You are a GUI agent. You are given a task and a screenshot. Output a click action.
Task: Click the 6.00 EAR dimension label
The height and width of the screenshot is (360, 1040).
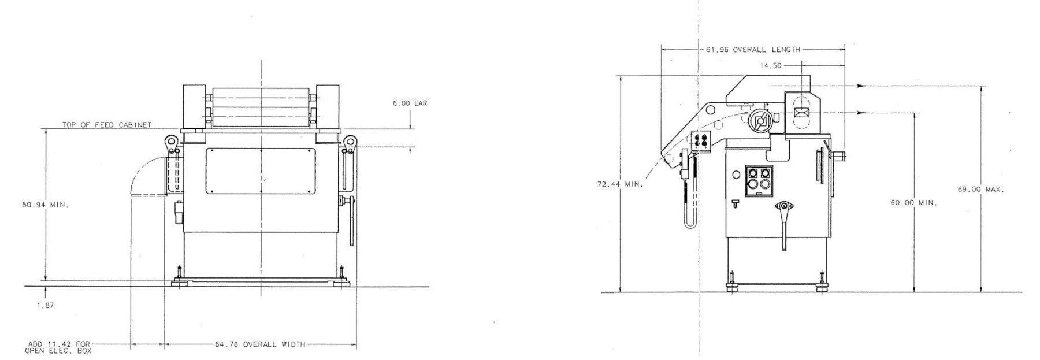click(410, 103)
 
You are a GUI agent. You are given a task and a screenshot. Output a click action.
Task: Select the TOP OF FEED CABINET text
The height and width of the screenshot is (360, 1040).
click(107, 124)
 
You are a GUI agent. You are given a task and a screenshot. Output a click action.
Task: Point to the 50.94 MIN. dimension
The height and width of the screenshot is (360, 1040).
click(45, 205)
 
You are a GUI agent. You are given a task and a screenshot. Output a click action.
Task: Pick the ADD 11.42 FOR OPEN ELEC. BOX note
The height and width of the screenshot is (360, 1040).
click(58, 347)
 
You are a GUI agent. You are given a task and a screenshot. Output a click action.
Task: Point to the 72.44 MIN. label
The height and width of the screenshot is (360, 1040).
click(619, 184)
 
